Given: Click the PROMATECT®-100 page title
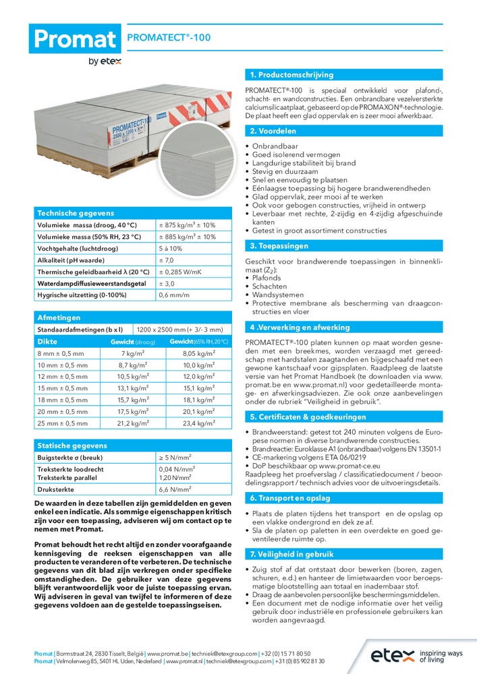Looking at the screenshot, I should [169, 38].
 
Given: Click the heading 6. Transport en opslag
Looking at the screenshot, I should [290, 498].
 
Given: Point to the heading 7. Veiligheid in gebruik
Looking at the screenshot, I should [291, 554].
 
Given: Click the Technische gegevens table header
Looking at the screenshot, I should [76, 212].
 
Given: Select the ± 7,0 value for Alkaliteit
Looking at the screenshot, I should [167, 260].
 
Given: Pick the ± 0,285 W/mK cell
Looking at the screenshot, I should [180, 272].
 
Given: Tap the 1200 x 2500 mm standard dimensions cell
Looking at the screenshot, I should [179, 330].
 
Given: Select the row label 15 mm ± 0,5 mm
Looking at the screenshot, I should [63, 388].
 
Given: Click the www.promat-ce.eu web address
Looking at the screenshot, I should [347, 466].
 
